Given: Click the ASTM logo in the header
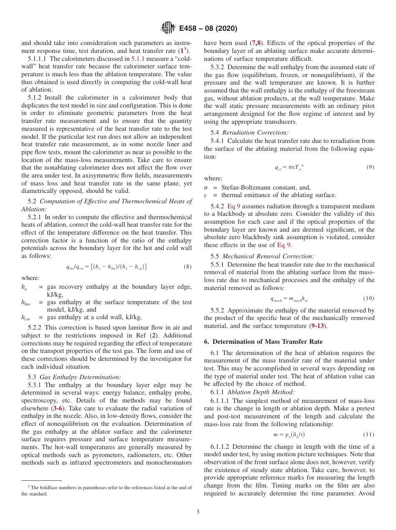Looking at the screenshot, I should coord(168,28).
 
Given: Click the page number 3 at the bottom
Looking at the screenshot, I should coord(198,512).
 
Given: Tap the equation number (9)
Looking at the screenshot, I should coord(370,167).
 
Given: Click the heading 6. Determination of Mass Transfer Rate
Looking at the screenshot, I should coord(263,342).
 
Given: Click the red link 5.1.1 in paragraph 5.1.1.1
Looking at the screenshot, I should coord(138,59).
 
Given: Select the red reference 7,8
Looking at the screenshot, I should coord(256,43).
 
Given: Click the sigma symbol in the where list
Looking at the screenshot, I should coord(206,187).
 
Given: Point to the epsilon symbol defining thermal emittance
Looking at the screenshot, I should coord(206,195).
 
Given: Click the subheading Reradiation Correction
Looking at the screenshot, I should coord(255,132).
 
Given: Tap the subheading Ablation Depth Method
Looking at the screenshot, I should coord(261,392).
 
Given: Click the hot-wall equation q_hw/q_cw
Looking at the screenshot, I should coord(106,267).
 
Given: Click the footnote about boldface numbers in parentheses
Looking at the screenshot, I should coord(107,490).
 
